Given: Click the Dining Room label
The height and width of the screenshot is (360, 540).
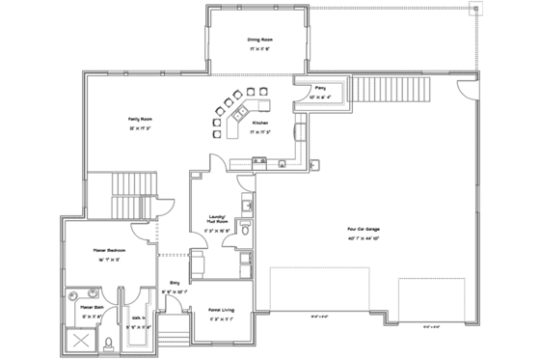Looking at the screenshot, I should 257,40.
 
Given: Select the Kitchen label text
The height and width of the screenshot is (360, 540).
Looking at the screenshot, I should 260,124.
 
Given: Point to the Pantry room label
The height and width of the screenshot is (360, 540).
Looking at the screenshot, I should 319,88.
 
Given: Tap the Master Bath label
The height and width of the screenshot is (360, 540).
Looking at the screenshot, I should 78,307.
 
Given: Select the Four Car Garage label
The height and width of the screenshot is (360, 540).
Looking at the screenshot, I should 363,230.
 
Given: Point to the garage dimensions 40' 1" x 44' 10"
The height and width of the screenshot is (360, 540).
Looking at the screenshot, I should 363,237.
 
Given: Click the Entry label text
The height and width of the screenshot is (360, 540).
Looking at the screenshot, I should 175,283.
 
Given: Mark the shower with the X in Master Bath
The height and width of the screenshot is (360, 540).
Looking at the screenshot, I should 82,341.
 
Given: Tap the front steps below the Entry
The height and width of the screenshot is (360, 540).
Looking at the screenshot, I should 175,332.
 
